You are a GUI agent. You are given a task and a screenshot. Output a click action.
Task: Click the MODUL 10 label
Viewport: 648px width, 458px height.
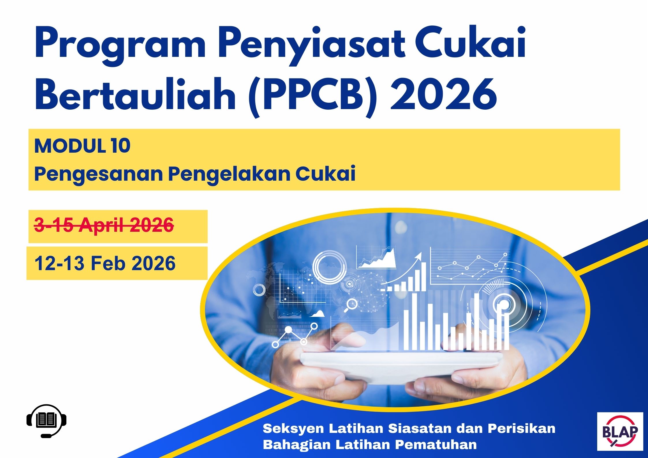[x=82, y=146]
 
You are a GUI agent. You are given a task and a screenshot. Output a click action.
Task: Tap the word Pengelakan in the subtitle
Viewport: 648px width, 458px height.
[x=229, y=174]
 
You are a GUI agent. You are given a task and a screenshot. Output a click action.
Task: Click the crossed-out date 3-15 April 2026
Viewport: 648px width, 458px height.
[x=104, y=225]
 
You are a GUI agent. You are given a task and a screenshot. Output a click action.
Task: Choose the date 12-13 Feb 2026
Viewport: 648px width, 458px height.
[x=105, y=263]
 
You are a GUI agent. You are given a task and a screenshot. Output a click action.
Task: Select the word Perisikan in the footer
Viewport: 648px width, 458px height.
[x=521, y=428]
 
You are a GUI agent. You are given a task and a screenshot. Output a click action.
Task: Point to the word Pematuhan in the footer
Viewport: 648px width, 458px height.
[x=436, y=444]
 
